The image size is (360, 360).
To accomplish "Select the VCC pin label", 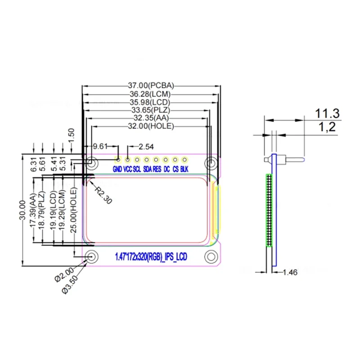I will coord(127,170).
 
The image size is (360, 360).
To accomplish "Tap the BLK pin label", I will coord(184,170).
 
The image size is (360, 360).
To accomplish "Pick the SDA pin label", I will coord(147,170).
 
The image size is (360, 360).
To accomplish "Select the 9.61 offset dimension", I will coord(100,147).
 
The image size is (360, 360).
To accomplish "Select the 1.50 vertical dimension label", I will coord(71,135).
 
